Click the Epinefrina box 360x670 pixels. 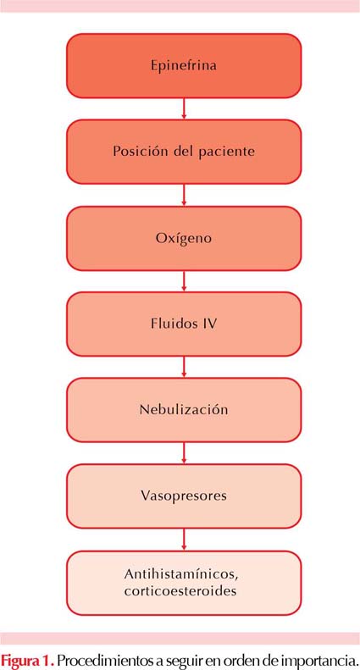184,66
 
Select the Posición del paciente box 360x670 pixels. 184,152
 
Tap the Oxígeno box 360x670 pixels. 184,238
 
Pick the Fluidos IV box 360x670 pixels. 184,324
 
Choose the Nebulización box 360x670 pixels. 184,410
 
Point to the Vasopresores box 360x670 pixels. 184,496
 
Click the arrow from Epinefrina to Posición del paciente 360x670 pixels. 184,109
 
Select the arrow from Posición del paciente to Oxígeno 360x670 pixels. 184,196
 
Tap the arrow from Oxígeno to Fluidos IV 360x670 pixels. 184,281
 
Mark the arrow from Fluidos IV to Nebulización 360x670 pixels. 184,367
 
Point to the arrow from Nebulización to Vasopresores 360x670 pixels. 184,453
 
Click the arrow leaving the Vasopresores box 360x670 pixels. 184,540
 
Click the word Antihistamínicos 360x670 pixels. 181,574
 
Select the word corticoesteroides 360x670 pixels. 181,592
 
